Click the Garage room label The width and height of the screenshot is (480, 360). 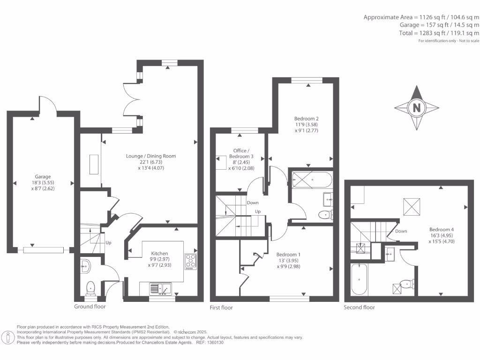click(x=42, y=177)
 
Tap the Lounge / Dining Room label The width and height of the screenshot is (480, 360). click(x=150, y=156)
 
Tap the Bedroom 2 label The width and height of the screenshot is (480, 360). click(x=307, y=119)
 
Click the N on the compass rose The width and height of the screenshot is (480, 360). click(x=416, y=108)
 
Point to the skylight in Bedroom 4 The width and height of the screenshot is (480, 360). click(x=412, y=206)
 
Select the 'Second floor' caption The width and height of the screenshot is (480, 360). click(x=360, y=307)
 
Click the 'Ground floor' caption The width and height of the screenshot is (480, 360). click(x=90, y=307)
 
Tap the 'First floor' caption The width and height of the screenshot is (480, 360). click(x=221, y=307)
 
